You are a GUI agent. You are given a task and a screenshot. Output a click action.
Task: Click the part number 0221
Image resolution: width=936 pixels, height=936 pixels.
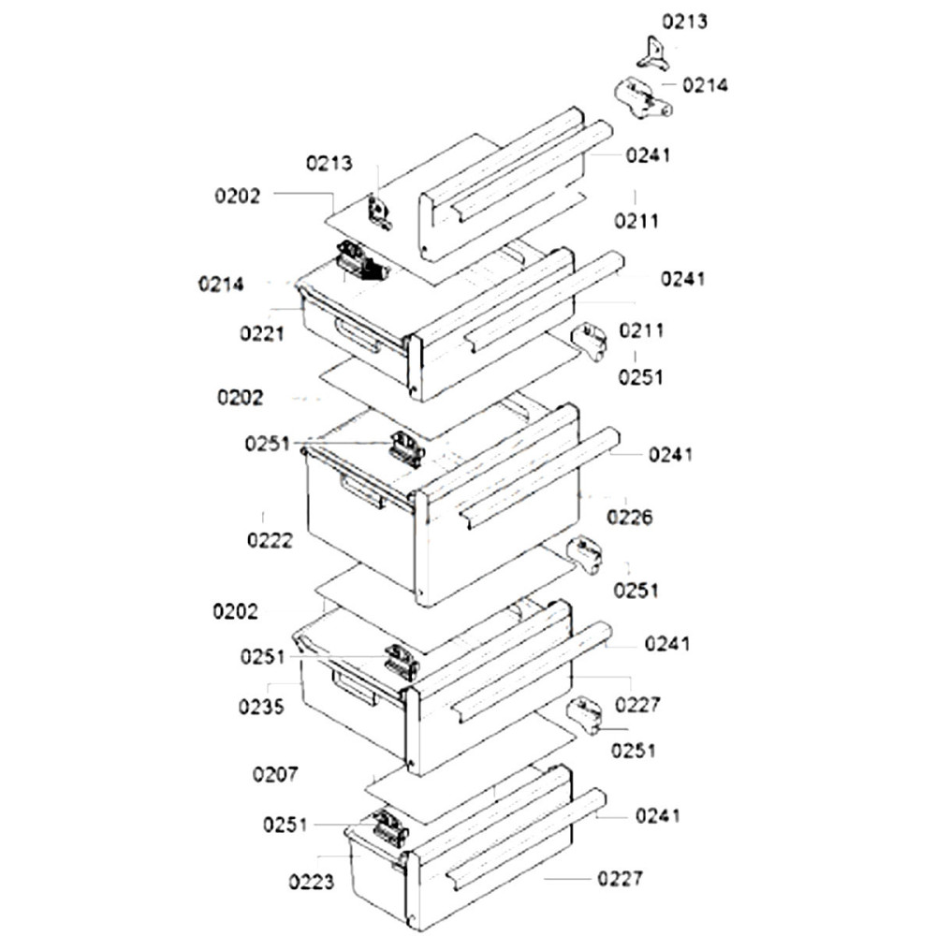tap(262, 332)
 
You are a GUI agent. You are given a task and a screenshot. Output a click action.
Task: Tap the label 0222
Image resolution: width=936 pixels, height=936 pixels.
tap(270, 540)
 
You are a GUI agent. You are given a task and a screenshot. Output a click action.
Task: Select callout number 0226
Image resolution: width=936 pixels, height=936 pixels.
tap(629, 516)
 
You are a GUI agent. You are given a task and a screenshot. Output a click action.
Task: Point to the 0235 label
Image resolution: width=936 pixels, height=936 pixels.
tap(262, 707)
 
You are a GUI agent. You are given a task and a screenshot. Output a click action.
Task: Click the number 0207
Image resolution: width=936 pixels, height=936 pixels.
tap(275, 775)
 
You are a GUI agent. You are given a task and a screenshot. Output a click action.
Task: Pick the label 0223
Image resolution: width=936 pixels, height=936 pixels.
tap(312, 881)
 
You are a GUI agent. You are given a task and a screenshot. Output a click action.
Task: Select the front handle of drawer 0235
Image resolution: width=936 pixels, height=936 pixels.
tap(357, 690)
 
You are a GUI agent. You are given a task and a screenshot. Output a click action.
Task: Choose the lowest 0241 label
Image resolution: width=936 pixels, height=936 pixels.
tap(658, 815)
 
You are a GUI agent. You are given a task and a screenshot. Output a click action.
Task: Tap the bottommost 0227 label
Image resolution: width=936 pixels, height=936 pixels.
tap(620, 879)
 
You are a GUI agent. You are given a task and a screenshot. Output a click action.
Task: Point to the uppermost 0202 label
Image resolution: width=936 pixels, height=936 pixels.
tap(238, 196)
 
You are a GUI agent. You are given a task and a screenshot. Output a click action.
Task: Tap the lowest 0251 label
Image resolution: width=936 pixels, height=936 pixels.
tap(285, 825)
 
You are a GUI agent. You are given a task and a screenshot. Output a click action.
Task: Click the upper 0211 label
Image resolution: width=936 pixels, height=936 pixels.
tap(636, 222)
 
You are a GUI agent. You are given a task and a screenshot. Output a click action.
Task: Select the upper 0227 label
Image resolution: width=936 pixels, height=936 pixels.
tap(637, 704)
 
